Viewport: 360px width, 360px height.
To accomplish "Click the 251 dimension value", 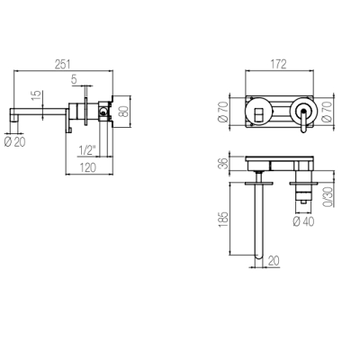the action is (62, 64).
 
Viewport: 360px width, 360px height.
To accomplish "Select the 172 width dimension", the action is (278, 64).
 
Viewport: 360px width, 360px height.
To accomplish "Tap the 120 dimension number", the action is (88, 167).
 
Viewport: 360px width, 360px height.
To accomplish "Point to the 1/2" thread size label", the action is (86, 150).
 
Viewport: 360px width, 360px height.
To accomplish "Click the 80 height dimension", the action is (123, 111).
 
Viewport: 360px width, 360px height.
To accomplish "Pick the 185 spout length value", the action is (224, 220).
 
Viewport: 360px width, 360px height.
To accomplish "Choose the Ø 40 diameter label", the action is (303, 221).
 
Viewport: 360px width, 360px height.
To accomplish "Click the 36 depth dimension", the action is (224, 164).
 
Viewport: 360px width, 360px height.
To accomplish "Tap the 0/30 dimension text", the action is (328, 197).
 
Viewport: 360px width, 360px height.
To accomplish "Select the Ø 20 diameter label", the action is (15, 141).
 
